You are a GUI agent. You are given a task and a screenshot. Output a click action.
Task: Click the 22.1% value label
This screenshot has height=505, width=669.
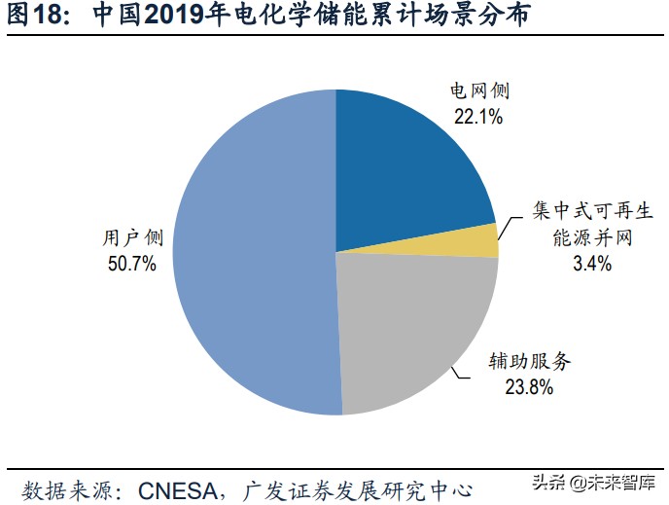point(477,117)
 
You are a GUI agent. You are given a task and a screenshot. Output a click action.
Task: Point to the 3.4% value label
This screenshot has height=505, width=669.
point(591,263)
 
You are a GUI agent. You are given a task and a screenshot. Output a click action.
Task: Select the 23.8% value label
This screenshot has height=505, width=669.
point(529,387)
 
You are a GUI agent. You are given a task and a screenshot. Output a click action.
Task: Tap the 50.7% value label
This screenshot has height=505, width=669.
point(132,264)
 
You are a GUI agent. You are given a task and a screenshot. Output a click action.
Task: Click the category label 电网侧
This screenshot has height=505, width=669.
point(478,93)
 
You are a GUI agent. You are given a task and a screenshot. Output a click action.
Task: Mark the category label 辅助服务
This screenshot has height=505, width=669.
point(529,362)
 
